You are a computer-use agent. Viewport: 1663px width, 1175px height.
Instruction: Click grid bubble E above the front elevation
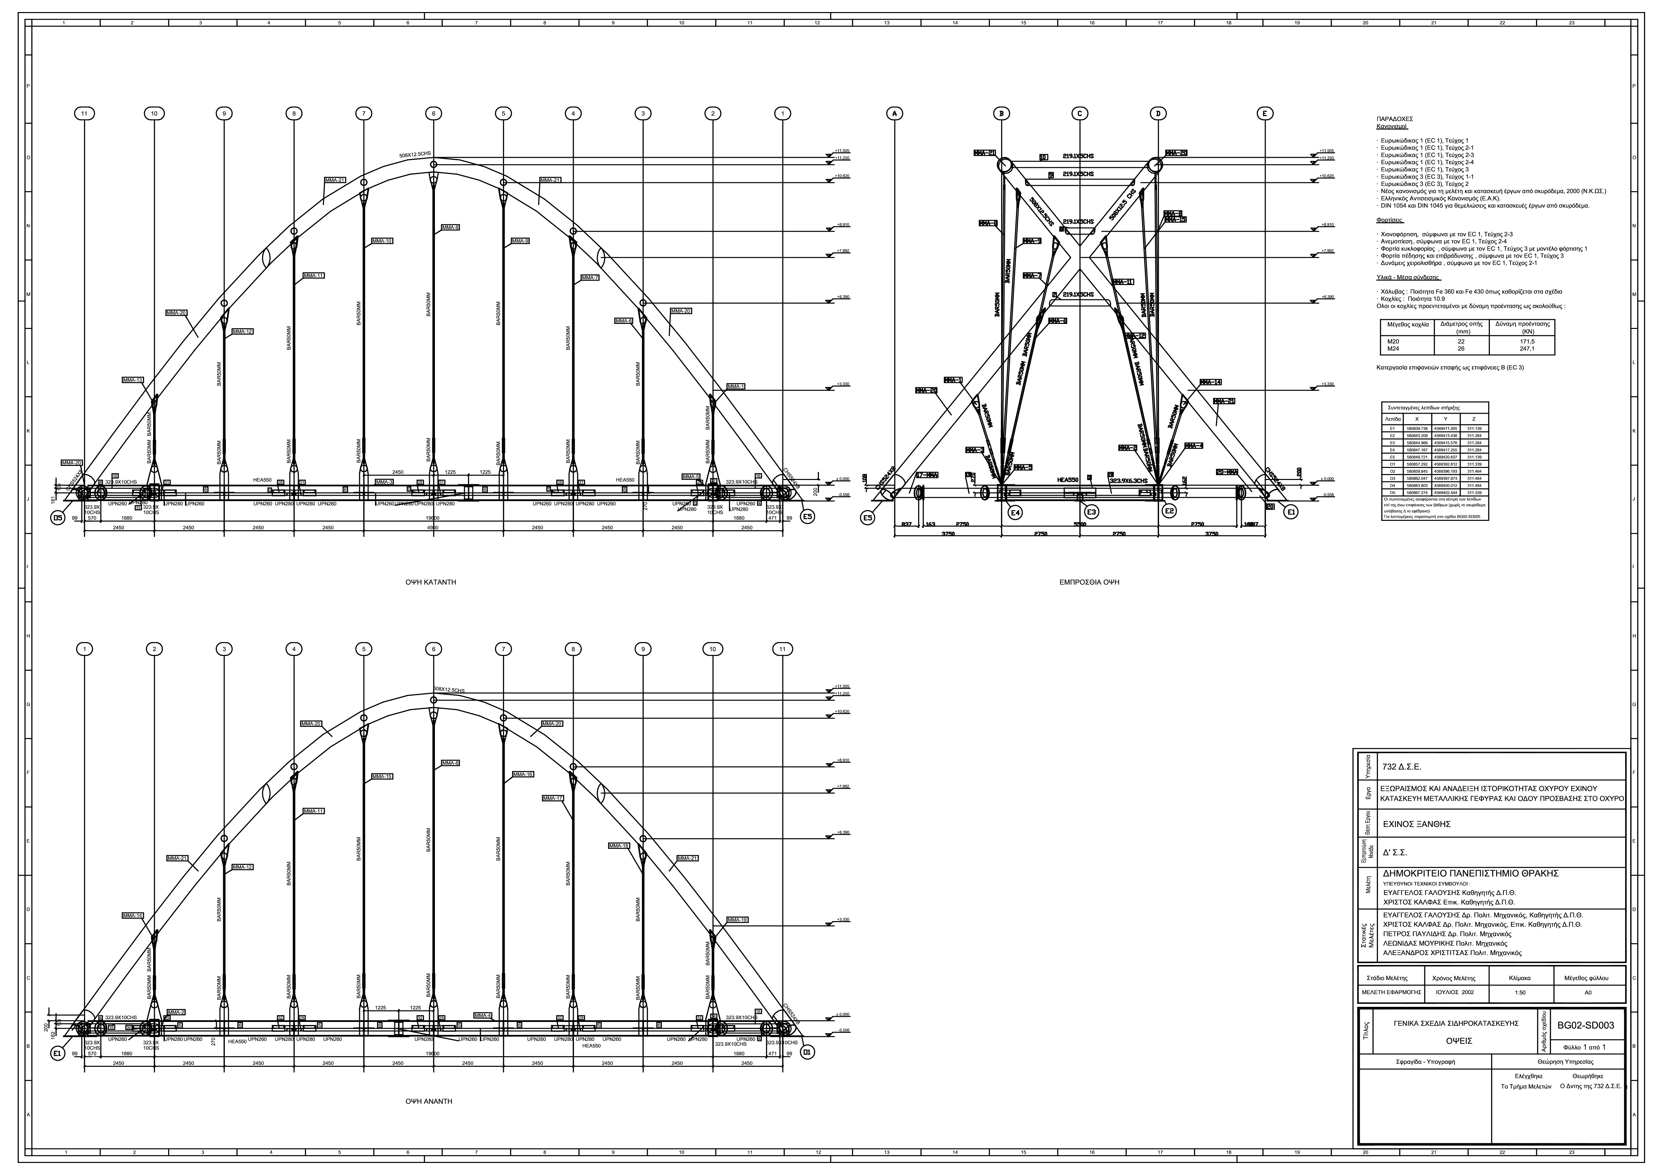click(x=1265, y=114)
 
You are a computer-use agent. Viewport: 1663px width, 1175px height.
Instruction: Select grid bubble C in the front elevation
click(x=1079, y=114)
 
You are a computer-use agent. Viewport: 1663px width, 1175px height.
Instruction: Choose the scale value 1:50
click(x=1519, y=992)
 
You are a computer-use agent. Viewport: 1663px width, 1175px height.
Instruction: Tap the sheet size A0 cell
click(x=1588, y=992)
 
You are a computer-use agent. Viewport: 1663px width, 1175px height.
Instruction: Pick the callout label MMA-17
click(x=553, y=799)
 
